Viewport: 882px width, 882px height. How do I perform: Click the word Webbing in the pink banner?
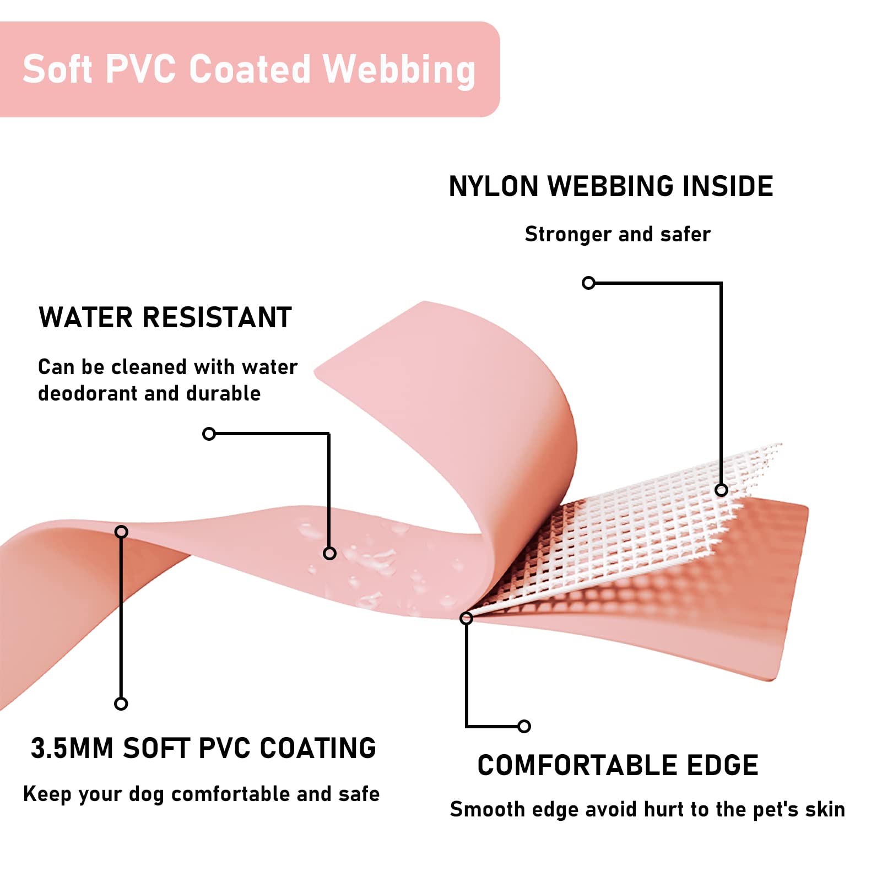399,70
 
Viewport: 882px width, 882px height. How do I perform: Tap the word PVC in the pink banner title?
140,70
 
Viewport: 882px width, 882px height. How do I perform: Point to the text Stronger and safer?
618,234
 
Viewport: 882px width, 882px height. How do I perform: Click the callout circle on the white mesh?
721,490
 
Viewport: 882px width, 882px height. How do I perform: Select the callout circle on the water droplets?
329,553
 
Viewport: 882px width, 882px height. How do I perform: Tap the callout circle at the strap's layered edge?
466,618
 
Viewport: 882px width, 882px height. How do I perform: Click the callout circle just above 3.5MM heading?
121,704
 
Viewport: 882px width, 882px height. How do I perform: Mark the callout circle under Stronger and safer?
588,283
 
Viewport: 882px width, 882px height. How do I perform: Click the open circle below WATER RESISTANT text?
209,434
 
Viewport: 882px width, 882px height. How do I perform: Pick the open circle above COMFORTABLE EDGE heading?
524,726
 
